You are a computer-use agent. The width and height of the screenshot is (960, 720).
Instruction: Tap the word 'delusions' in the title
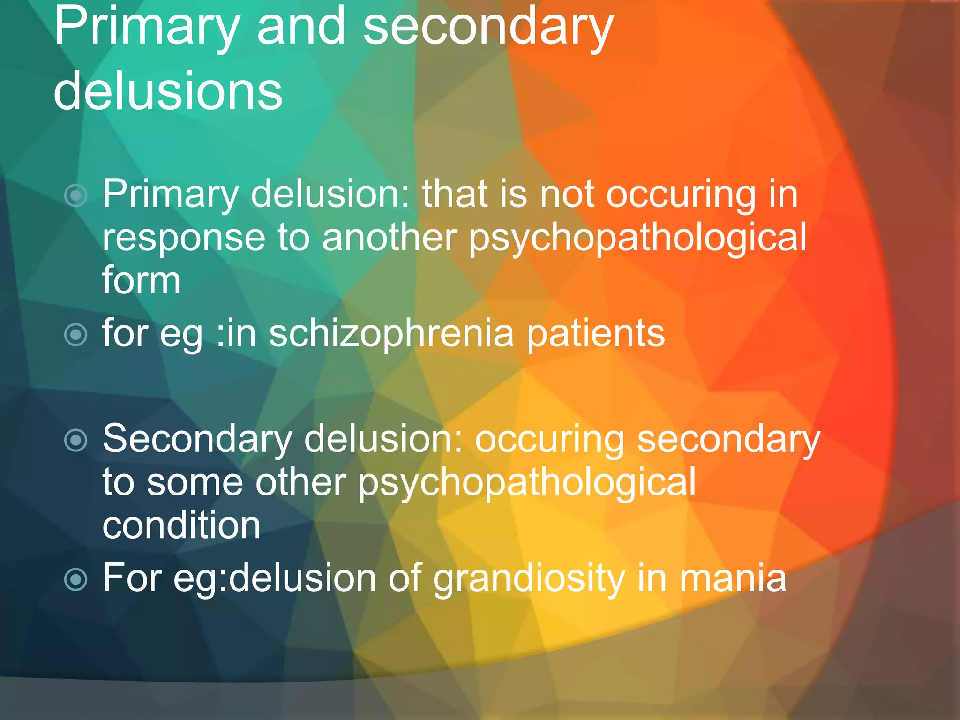(x=168, y=91)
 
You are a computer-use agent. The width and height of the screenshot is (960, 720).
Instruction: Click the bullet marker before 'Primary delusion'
(x=76, y=195)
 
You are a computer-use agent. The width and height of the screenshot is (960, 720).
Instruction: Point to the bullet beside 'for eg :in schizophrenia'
(x=76, y=335)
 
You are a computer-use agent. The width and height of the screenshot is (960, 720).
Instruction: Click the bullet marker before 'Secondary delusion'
(x=76, y=440)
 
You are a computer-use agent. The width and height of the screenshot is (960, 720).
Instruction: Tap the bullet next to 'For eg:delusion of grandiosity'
(x=76, y=579)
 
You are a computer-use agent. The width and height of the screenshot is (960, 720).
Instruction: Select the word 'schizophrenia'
(x=391, y=333)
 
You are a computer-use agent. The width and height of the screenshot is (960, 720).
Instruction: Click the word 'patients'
(x=596, y=333)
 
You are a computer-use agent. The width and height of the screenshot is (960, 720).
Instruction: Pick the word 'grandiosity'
(x=529, y=578)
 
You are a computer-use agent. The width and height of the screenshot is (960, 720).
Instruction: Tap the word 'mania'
(x=733, y=578)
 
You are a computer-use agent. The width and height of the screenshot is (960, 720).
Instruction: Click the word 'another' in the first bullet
(x=389, y=237)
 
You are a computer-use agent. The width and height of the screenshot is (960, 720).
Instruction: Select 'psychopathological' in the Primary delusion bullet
(x=637, y=238)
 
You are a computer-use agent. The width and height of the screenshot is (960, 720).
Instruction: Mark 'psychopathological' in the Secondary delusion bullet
(x=527, y=483)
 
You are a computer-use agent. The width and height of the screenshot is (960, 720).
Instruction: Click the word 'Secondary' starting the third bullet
(x=197, y=439)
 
